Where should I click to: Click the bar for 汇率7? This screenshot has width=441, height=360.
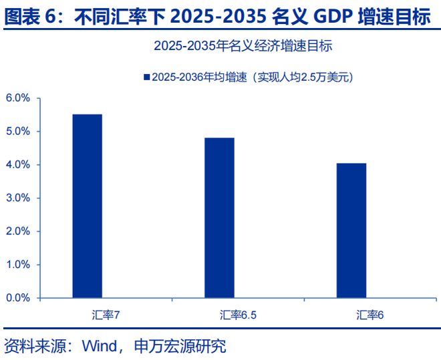pyautogui.click(x=88, y=206)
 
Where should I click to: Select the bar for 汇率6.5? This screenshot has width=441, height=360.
pyautogui.click(x=219, y=218)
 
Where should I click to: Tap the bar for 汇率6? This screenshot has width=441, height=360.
pyautogui.click(x=351, y=230)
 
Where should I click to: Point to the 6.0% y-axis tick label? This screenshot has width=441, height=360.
pyautogui.click(x=18, y=98)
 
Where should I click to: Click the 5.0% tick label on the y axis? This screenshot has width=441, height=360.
pyautogui.click(x=18, y=132)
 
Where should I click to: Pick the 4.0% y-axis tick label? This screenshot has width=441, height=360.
pyautogui.click(x=18, y=165)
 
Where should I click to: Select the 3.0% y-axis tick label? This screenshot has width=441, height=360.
pyautogui.click(x=18, y=198)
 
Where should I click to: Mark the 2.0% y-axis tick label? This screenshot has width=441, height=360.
pyautogui.click(x=18, y=231)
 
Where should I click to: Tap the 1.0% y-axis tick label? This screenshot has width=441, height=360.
pyautogui.click(x=18, y=264)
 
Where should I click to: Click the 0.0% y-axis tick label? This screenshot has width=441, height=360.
pyautogui.click(x=18, y=298)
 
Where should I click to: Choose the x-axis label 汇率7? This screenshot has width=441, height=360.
pyautogui.click(x=106, y=314)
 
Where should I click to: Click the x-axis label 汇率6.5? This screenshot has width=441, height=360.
pyautogui.click(x=238, y=314)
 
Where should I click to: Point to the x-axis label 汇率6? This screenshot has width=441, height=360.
pyautogui.click(x=370, y=314)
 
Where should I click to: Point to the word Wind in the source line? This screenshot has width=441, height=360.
pyautogui.click(x=100, y=346)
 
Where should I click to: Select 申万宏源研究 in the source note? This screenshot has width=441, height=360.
pyautogui.click(x=180, y=346)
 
